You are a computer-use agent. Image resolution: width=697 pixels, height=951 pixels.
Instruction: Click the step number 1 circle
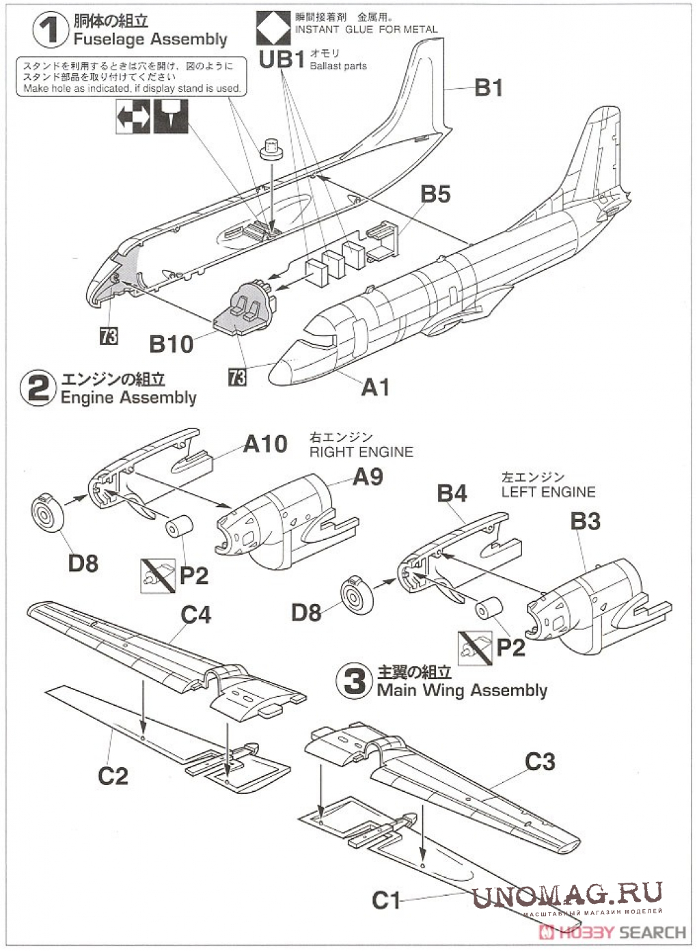50,31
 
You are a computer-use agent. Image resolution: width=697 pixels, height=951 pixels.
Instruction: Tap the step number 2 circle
38,388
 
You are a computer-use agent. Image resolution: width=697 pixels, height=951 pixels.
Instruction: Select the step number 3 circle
354,681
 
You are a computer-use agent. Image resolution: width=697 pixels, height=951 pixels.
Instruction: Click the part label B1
489,87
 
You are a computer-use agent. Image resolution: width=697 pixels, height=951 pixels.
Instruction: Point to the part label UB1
281,60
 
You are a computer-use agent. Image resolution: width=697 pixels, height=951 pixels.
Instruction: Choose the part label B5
435,194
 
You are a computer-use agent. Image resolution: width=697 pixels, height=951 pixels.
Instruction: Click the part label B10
172,344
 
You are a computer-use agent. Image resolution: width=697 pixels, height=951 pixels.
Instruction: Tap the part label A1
375,387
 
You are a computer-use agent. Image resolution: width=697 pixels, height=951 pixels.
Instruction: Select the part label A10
266,444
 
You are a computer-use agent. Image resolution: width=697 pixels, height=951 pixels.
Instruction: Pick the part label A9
368,477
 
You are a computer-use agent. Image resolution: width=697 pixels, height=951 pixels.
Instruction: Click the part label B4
452,493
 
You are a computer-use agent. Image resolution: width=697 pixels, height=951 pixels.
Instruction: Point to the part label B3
586,521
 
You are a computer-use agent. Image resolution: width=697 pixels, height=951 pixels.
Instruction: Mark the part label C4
195,615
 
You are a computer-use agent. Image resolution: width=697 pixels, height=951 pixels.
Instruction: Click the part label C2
113,776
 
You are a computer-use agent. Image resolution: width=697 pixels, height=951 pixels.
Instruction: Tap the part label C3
540,762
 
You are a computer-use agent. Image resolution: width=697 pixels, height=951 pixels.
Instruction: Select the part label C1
386,900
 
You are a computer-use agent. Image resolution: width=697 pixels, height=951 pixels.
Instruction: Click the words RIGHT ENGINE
361,452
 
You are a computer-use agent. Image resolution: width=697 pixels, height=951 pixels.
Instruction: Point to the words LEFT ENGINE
548,492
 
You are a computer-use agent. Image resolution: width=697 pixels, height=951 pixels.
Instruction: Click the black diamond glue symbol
272,29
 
